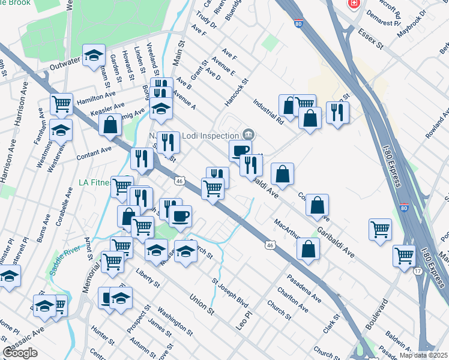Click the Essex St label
coord(370,36)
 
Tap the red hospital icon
coord(354,3)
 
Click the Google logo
coord(20,353)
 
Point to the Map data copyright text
coord(424,355)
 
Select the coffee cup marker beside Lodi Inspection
coord(240,150)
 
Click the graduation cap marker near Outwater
coord(94,55)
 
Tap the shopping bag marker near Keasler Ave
coord(111,125)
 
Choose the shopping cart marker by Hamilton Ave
coord(61,103)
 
